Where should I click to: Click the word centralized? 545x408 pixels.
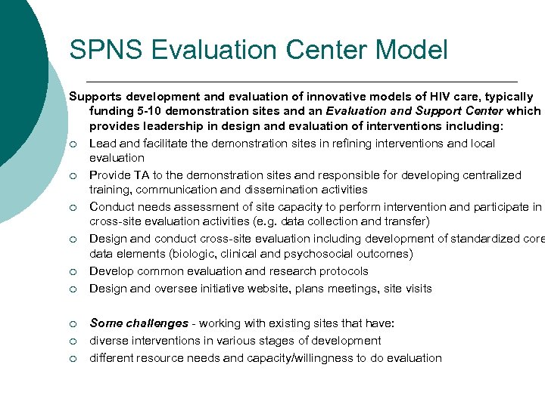click(491, 175)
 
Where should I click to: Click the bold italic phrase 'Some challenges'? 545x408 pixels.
click(139, 323)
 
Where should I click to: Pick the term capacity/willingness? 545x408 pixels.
click(309, 358)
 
